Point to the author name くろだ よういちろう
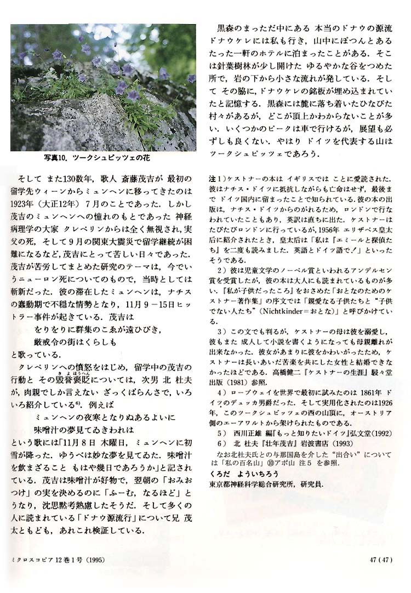pos(237,473)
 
